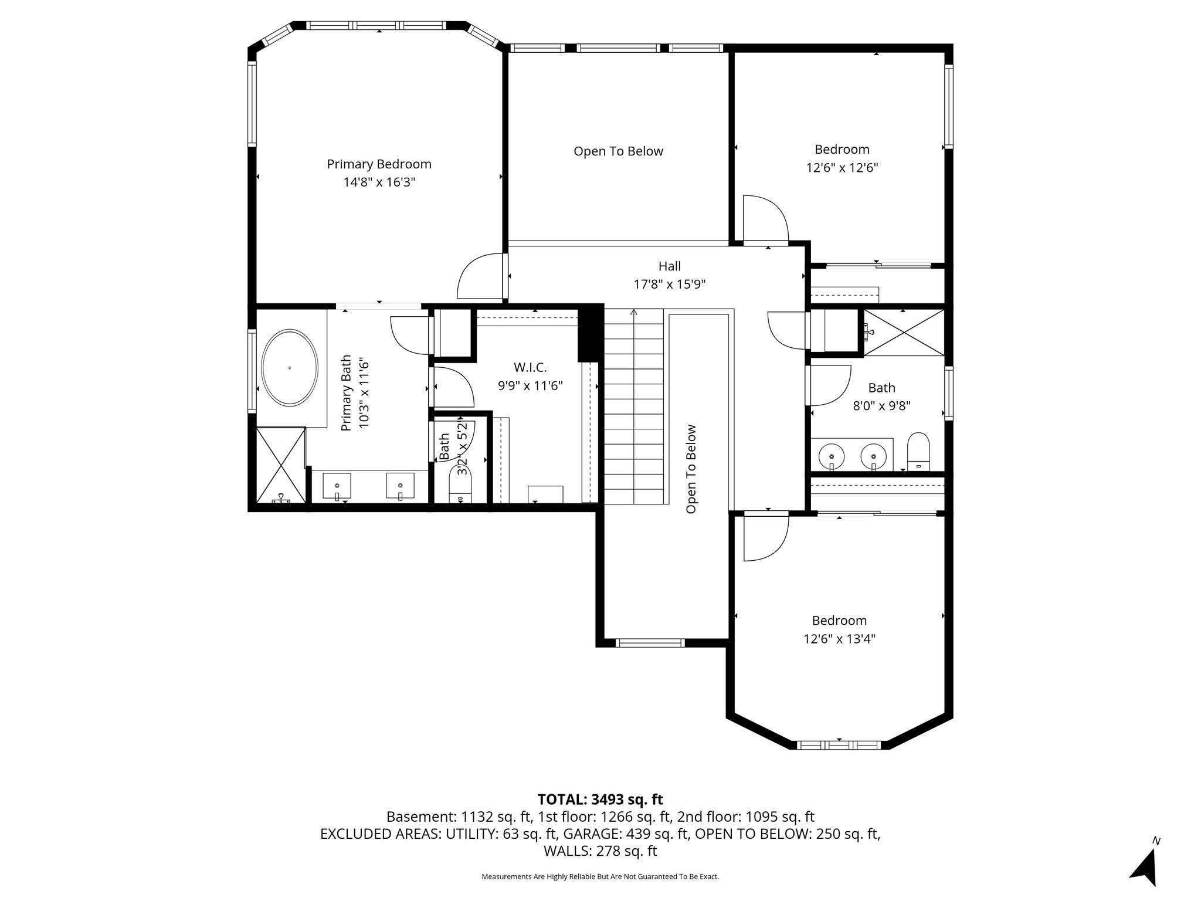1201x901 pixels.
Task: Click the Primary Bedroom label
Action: click(x=379, y=164)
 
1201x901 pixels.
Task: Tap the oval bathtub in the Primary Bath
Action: click(x=290, y=368)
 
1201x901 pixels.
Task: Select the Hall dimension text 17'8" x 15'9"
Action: click(x=669, y=284)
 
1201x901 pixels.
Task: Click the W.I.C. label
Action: click(x=530, y=368)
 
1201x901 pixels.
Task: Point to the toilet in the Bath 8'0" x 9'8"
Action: click(x=918, y=451)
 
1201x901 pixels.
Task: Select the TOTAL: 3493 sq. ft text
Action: click(x=600, y=799)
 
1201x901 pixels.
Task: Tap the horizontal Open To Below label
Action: click(x=618, y=151)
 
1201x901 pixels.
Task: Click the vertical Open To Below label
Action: click(x=691, y=469)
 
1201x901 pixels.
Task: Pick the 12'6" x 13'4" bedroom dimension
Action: click(x=839, y=639)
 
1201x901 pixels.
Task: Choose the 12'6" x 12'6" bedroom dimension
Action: click(x=842, y=168)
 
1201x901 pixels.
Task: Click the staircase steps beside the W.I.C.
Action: click(x=633, y=411)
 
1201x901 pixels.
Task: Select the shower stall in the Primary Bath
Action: click(x=281, y=465)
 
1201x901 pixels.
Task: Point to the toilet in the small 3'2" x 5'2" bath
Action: click(x=460, y=487)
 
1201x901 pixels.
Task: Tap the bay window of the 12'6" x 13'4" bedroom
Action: click(x=839, y=745)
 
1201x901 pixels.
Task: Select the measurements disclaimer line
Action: click(x=600, y=876)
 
